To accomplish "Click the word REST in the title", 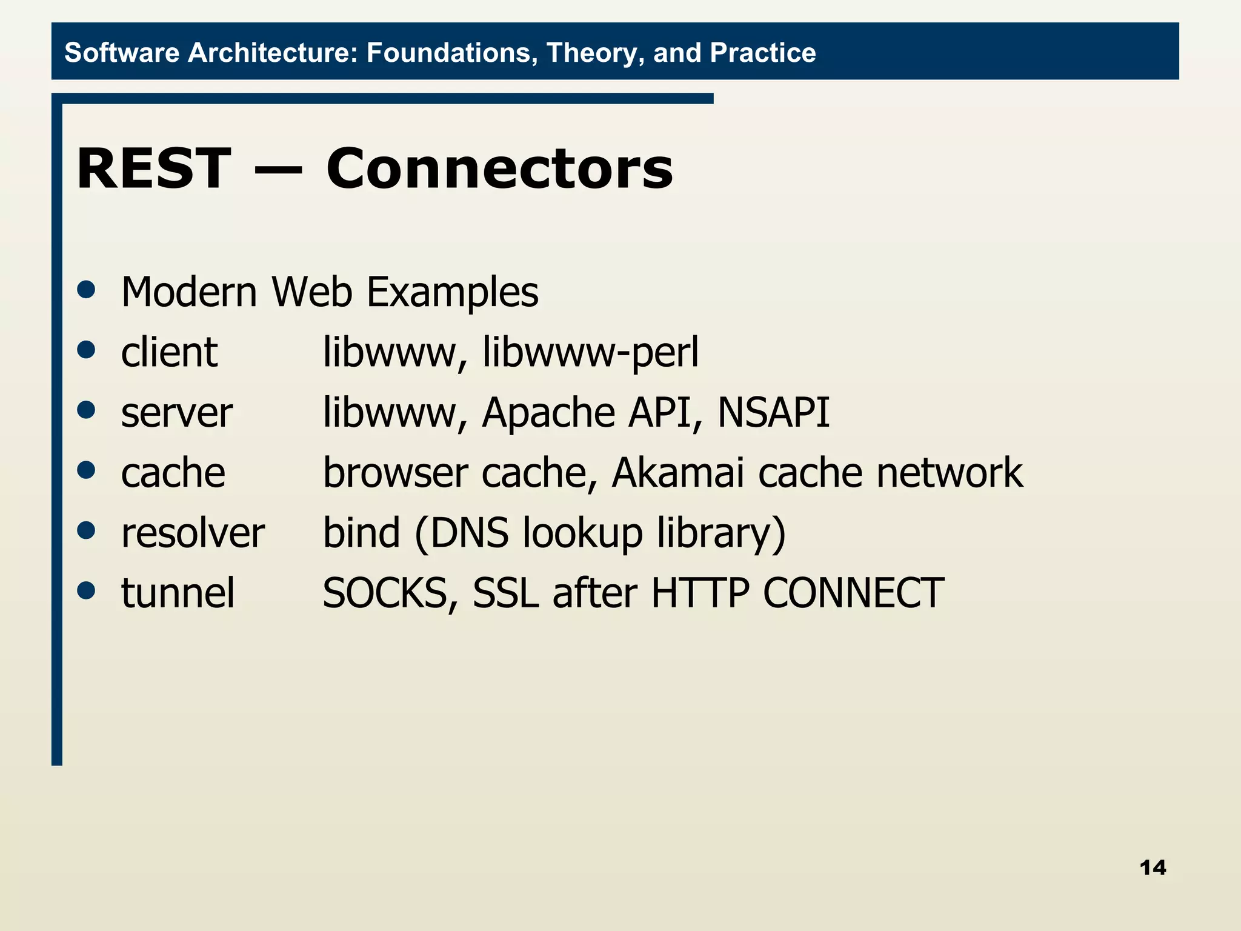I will (x=153, y=169).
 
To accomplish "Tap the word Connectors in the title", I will (x=499, y=169).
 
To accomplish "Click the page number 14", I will (x=1152, y=867).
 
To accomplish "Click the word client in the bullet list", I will (x=168, y=353).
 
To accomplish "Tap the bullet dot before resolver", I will (x=87, y=530).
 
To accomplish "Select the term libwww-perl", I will (x=590, y=353).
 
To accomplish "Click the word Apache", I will (x=548, y=413).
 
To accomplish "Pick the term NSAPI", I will (x=773, y=413).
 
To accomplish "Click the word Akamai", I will (x=677, y=473).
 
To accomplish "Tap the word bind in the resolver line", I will (x=361, y=533).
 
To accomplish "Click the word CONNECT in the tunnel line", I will (x=853, y=593).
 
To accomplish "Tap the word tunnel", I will (x=178, y=593).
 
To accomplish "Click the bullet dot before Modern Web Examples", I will (x=87, y=290).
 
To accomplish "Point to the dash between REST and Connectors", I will (x=278, y=170).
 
